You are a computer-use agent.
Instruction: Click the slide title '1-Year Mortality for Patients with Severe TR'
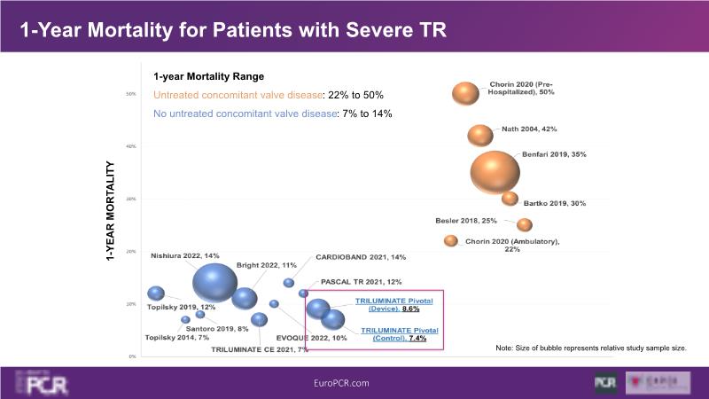tap(232, 30)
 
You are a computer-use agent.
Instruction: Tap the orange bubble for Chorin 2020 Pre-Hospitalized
tap(465, 93)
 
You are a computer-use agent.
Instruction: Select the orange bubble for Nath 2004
tap(480, 135)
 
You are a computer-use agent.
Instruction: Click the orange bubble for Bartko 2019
tap(510, 199)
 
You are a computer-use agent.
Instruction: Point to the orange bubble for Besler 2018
tap(525, 224)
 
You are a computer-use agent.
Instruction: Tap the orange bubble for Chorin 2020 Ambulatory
tap(451, 240)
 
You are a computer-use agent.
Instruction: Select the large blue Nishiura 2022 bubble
tap(214, 281)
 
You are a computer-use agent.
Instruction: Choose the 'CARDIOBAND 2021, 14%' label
tap(360, 257)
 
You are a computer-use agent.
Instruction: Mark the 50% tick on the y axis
tap(130, 94)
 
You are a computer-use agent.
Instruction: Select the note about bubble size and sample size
tap(591, 348)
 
